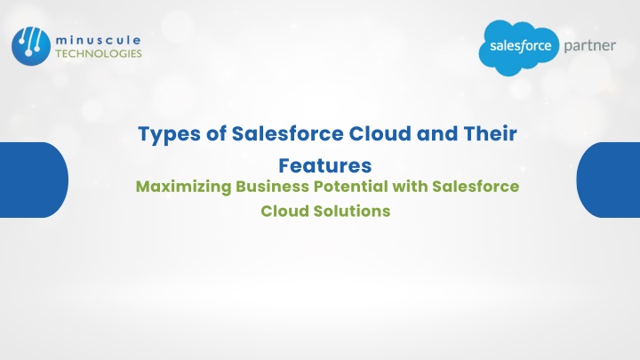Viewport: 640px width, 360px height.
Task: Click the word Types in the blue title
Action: tap(170, 135)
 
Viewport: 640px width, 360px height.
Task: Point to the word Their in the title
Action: tap(490, 133)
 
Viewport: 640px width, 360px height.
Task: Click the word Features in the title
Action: tap(325, 165)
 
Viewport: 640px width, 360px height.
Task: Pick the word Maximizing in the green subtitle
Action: tap(183, 187)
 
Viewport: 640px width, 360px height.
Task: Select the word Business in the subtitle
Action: tap(272, 186)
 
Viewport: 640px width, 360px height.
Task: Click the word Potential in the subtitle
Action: tap(350, 186)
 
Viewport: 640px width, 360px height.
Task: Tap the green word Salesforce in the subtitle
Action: tap(476, 186)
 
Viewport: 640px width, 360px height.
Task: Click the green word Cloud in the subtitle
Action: tap(285, 211)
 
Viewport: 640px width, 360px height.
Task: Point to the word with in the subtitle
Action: tap(410, 186)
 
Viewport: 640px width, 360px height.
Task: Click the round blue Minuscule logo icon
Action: tap(31, 46)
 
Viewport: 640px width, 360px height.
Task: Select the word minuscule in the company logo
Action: tap(98, 40)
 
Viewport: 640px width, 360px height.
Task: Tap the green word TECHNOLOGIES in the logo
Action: tap(99, 53)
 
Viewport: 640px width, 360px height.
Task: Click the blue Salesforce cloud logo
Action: tap(519, 47)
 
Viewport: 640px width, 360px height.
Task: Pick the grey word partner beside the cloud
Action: tap(590, 45)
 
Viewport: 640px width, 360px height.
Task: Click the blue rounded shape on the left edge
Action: tap(34, 180)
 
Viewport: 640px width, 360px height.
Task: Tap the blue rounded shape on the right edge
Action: tap(608, 180)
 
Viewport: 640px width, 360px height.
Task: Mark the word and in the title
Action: tap(436, 133)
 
